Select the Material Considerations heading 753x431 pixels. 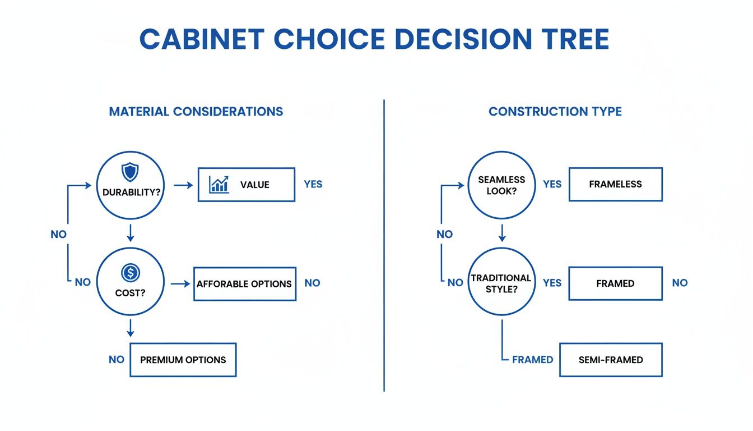(196, 111)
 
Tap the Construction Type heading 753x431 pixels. (555, 111)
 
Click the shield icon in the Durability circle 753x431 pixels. (130, 171)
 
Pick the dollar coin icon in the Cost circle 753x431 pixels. (130, 273)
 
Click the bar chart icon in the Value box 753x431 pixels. (219, 184)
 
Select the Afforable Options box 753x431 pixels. (244, 284)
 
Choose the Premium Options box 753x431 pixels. (183, 360)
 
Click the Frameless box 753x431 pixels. (615, 184)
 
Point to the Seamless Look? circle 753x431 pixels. (501, 185)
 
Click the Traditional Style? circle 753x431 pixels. (501, 282)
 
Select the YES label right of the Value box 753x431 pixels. (313, 184)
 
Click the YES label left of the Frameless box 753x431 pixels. (552, 184)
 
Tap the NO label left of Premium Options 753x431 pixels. (117, 360)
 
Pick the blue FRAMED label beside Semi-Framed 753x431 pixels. (532, 360)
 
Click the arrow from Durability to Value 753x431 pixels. (183, 184)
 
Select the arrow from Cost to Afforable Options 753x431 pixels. (180, 284)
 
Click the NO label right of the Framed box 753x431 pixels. (680, 283)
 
